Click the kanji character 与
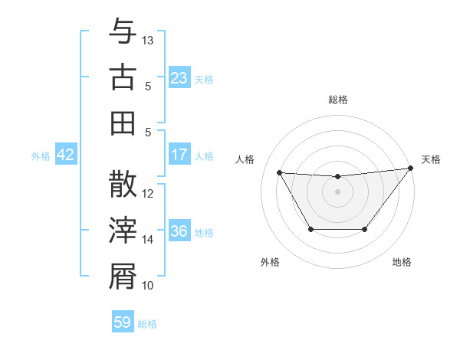coord(123,33)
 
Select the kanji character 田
coord(123,123)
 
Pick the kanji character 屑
coord(123,277)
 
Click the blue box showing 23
coord(179,78)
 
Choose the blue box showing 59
coord(123,322)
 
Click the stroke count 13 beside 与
coord(148,39)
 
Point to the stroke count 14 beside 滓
coord(148,240)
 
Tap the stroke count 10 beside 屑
coord(148,286)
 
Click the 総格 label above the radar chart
coord(337,100)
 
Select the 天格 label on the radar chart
coord(431,159)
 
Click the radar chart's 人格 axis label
coord(246,159)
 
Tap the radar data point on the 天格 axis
coord(411,168)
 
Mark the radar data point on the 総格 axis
coord(337,177)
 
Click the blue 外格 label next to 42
coord(41,156)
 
